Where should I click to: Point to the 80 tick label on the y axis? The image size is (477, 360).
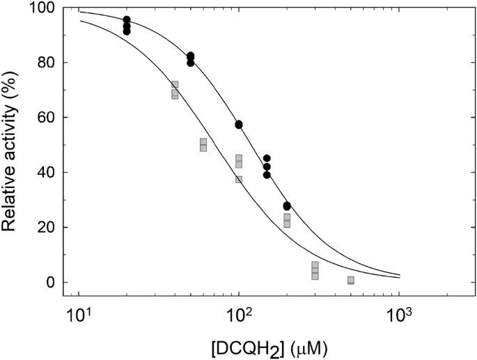coord(47,63)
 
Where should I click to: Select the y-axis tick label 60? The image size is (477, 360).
coord(47,118)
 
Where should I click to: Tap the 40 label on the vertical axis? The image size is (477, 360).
coord(47,172)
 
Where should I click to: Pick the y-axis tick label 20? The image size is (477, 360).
coord(47,227)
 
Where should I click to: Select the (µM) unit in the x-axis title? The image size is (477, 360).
coord(309,350)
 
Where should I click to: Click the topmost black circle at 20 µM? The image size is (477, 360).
coord(127,19)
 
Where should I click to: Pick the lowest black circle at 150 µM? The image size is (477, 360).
coord(267,175)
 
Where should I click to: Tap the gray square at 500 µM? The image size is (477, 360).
coord(351,280)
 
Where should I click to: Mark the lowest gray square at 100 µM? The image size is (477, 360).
coord(239,180)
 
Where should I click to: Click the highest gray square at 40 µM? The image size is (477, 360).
coord(175,84)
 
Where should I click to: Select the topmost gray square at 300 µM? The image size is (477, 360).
coord(315,265)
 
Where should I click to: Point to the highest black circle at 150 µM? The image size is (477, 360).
coord(267,158)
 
